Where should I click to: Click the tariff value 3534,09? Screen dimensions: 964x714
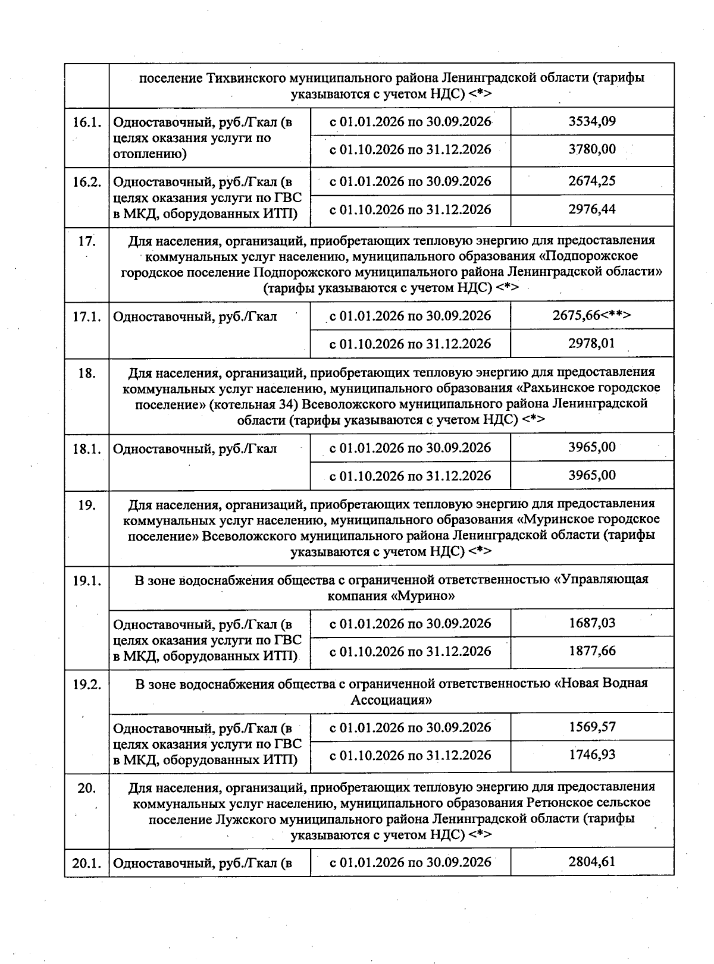pos(591,122)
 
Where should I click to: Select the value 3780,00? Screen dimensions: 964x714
pos(591,149)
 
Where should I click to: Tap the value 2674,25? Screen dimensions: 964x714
pos(591,181)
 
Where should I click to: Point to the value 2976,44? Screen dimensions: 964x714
pos(591,209)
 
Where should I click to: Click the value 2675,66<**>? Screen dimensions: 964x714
pos(591,316)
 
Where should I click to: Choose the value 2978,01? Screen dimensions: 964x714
pos(591,344)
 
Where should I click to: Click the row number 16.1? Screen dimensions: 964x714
pos(87,123)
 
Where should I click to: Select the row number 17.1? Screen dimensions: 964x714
pos(87,316)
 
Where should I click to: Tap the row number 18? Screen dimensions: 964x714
pos(87,373)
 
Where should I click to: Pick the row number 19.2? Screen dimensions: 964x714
pos(87,684)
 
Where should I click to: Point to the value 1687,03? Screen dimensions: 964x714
pos(591,623)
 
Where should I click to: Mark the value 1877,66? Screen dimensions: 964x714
pos(591,651)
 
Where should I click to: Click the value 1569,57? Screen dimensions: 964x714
pos(591,727)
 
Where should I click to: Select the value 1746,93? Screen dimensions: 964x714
pos(591,755)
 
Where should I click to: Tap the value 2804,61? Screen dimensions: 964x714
pos(591,862)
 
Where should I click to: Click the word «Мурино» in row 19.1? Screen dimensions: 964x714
pos(423,596)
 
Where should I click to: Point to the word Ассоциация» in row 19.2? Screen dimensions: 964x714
pos(391,700)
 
